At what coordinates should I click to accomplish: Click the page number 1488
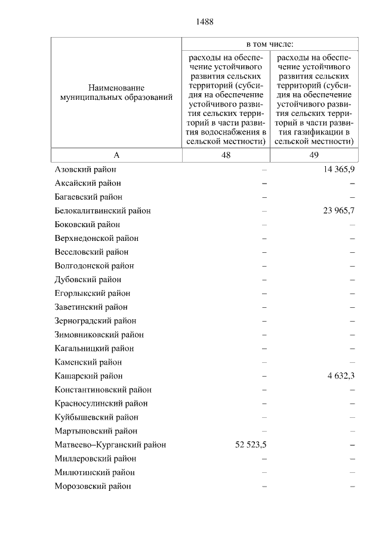point(204,22)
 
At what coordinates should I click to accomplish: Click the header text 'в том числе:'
point(270,44)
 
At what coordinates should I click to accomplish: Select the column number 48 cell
point(226,155)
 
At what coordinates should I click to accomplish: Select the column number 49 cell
point(314,155)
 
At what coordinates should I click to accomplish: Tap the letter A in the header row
point(116,155)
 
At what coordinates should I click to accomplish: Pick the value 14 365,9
point(338,170)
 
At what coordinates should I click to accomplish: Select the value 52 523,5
point(249,445)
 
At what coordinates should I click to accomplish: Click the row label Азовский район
point(84,170)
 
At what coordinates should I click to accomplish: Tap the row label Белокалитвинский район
point(102,211)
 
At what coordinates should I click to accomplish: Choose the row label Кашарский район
point(88,376)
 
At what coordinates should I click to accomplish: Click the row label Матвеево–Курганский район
point(110,445)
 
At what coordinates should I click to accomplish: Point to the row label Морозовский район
point(93,486)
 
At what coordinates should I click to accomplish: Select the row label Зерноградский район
point(95,321)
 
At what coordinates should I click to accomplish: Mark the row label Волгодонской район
point(94,266)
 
